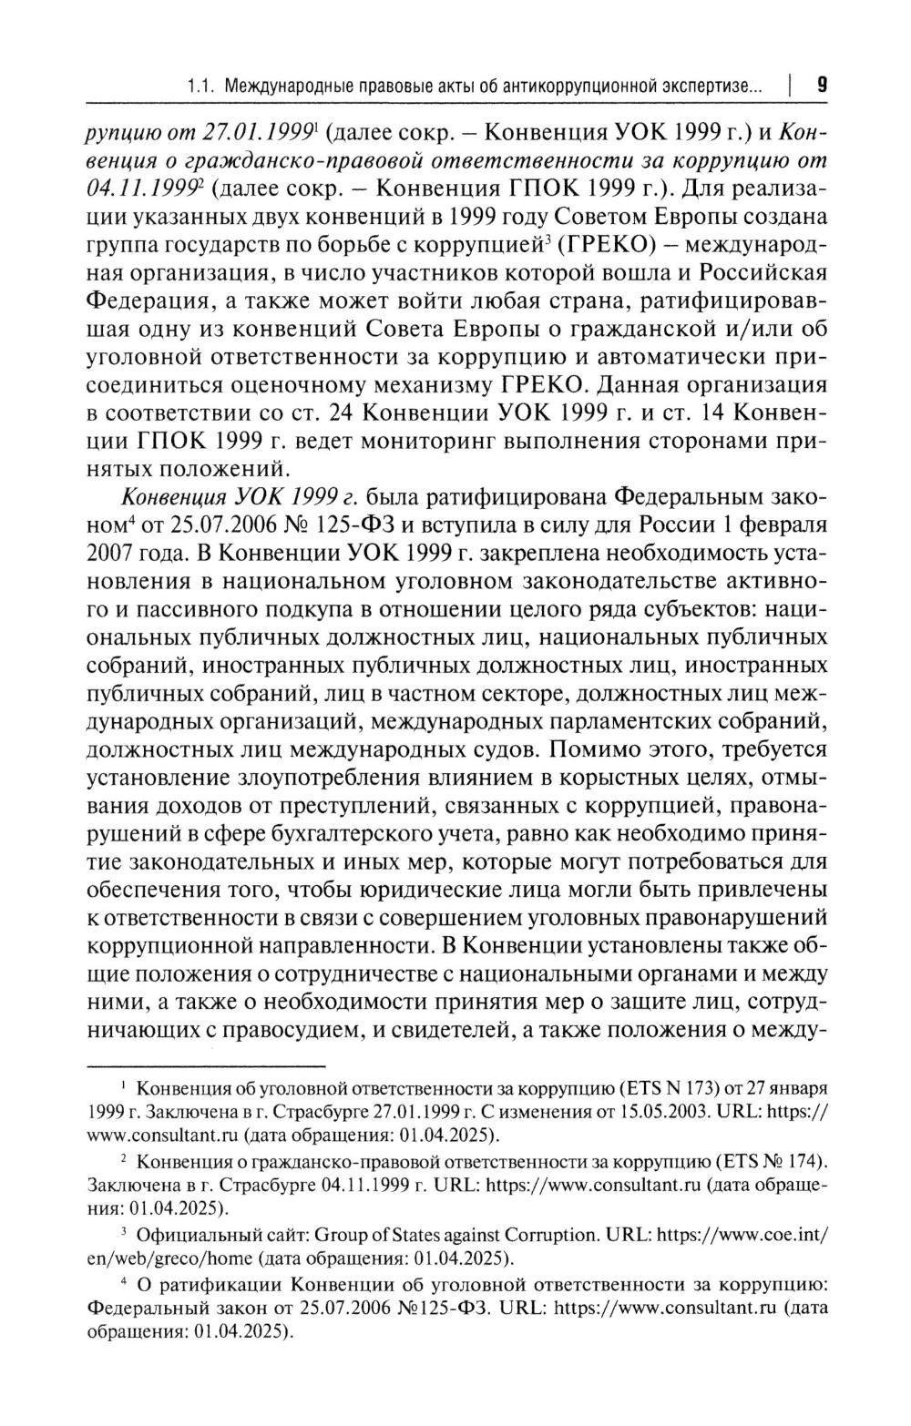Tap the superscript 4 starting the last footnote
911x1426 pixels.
coord(124,1281)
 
